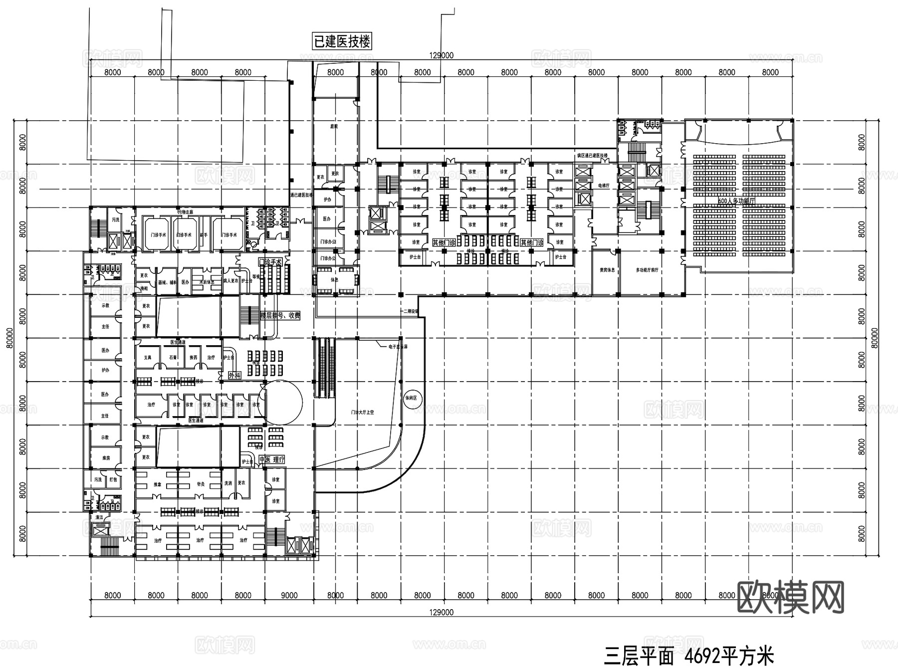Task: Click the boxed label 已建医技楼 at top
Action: pyautogui.click(x=342, y=41)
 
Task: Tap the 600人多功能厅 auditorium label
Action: pyautogui.click(x=736, y=201)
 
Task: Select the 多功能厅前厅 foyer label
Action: pyautogui.click(x=647, y=270)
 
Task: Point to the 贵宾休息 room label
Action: pyautogui.click(x=607, y=270)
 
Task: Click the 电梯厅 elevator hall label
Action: pyautogui.click(x=604, y=185)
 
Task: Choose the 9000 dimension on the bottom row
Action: pyautogui.click(x=289, y=595)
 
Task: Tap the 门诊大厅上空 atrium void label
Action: pyautogui.click(x=362, y=413)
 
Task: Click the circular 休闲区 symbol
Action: pyautogui.click(x=414, y=399)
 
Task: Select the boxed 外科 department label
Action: pyautogui.click(x=234, y=375)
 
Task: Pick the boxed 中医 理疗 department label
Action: pyautogui.click(x=272, y=459)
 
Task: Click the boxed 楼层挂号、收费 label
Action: pyautogui.click(x=280, y=316)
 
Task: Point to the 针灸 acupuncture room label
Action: pyautogui.click(x=201, y=484)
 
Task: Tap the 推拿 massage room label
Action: pyautogui.click(x=157, y=484)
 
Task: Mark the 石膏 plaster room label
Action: pyautogui.click(x=173, y=357)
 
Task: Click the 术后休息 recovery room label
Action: pyautogui.click(x=207, y=282)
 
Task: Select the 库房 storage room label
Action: pyautogui.click(x=105, y=458)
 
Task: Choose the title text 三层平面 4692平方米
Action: pyautogui.click(x=688, y=656)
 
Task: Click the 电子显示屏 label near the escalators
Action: pyautogui.click(x=398, y=346)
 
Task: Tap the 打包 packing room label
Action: pyautogui.click(x=113, y=480)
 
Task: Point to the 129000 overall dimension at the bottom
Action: pyautogui.click(x=441, y=612)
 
